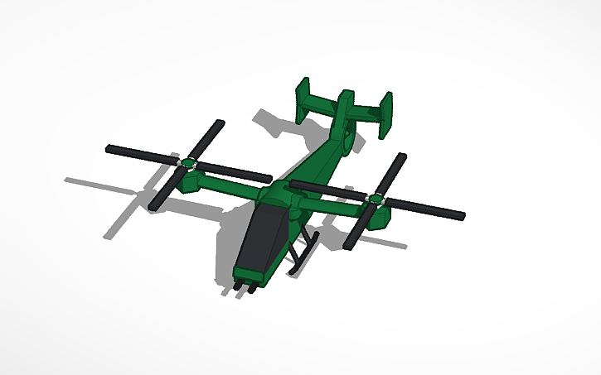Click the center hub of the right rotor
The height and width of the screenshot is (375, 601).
(376, 199)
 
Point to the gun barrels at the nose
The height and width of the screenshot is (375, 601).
(243, 286)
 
